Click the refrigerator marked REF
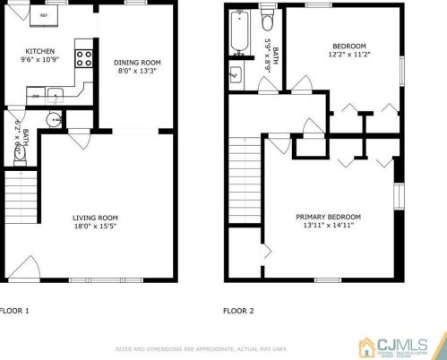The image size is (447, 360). pyautogui.click(x=41, y=15)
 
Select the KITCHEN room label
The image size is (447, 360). pyautogui.click(x=39, y=51)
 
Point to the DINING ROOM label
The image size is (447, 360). pyautogui.click(x=136, y=63)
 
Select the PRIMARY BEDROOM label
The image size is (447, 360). pyautogui.click(x=328, y=218)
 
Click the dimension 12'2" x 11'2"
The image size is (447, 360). pyautogui.click(x=348, y=55)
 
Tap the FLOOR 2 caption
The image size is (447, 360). pyautogui.click(x=238, y=312)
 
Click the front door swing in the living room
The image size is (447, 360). pyautogui.click(x=25, y=263)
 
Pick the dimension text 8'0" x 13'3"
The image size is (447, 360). pyautogui.click(x=136, y=73)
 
